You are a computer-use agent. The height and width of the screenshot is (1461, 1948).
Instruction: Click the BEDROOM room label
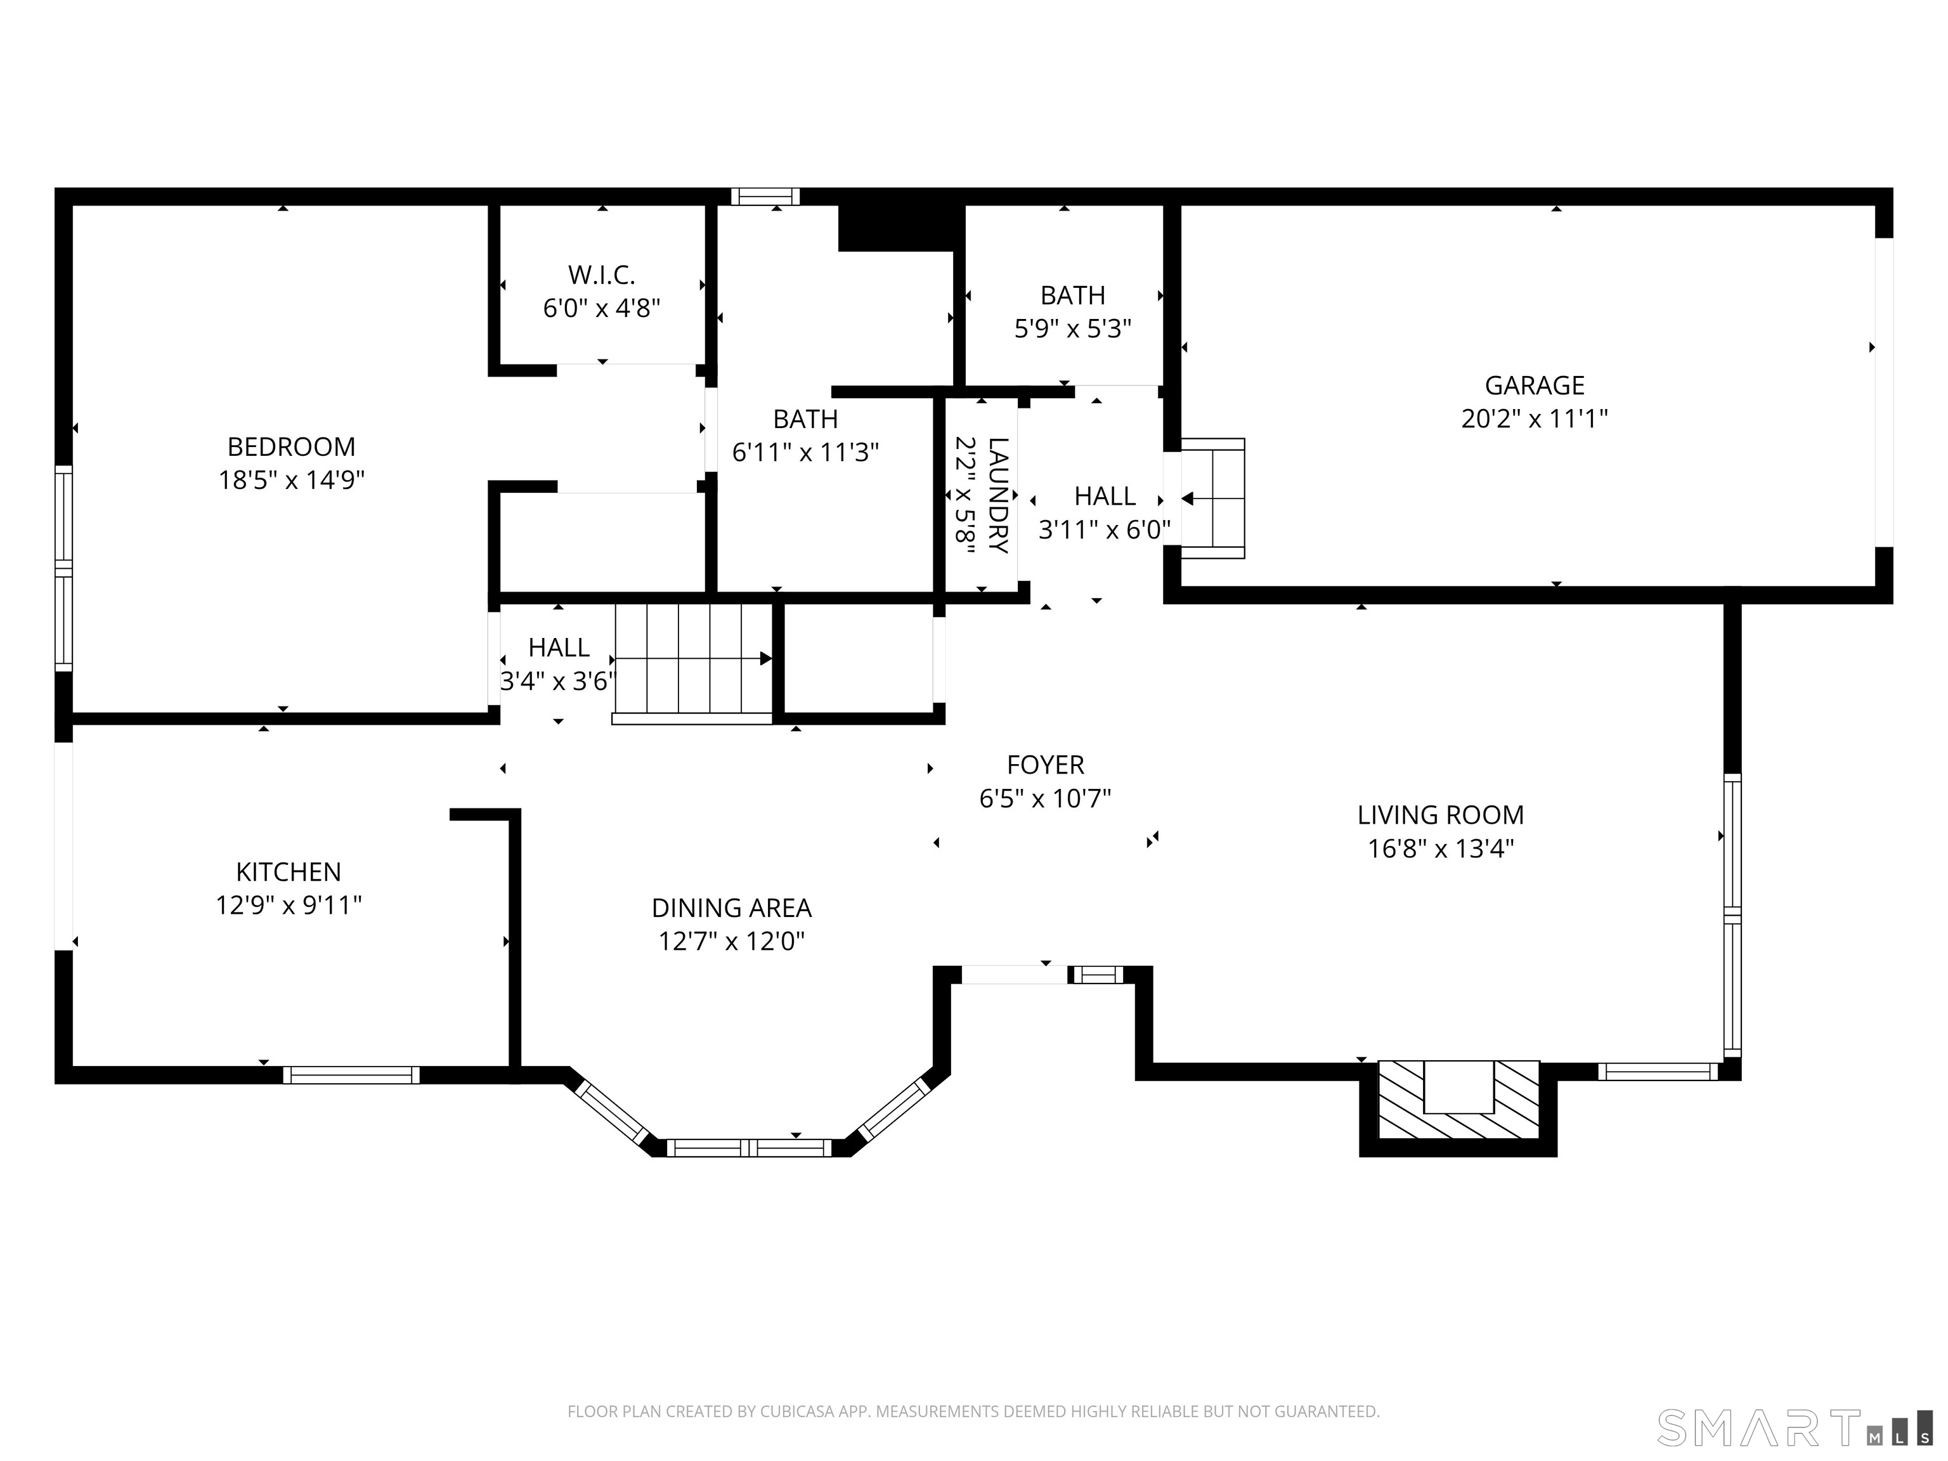(292, 448)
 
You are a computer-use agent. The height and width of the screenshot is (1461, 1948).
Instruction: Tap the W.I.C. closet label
(602, 276)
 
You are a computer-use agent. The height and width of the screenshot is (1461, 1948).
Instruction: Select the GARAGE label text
(1534, 386)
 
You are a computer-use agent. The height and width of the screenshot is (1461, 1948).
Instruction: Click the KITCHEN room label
(289, 872)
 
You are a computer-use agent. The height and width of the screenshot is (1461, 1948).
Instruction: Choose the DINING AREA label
(732, 908)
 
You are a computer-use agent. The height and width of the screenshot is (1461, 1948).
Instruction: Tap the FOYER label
(1045, 764)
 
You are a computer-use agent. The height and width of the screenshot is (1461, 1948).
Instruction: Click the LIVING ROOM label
(1441, 815)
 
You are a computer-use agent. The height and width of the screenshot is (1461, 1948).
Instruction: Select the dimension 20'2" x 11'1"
(1534, 419)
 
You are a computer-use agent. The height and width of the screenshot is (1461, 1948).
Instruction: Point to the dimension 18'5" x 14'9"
(292, 481)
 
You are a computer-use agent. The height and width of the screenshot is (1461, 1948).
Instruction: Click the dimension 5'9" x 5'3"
(1073, 329)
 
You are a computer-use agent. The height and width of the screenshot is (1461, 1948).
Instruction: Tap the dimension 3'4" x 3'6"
(558, 682)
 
